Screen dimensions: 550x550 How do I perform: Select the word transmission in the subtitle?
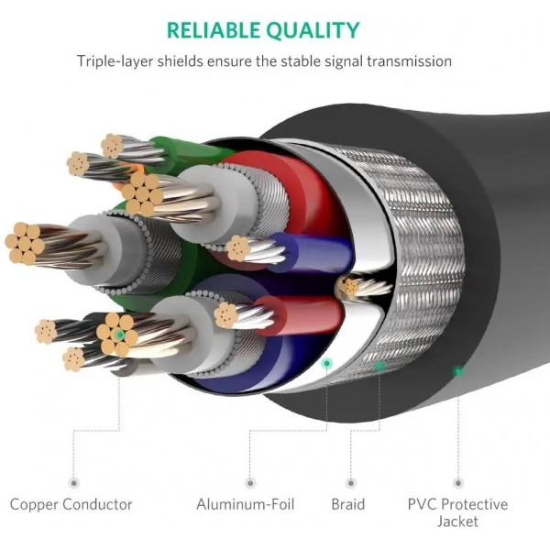pos(407,61)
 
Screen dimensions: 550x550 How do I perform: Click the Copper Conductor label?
pos(71,504)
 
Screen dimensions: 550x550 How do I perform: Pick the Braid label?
pos(348,504)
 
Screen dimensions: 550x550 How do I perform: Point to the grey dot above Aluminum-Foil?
pos(249,480)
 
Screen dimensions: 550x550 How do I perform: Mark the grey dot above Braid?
pos(348,480)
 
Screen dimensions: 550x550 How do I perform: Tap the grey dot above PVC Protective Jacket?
pos(457,480)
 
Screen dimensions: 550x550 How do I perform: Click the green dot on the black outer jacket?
pos(457,371)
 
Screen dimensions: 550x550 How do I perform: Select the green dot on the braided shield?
pos(379,366)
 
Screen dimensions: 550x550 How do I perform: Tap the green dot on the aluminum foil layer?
pos(325,364)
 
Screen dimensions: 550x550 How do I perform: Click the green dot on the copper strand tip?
pos(119,335)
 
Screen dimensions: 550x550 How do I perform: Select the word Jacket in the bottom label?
pos(458,522)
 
